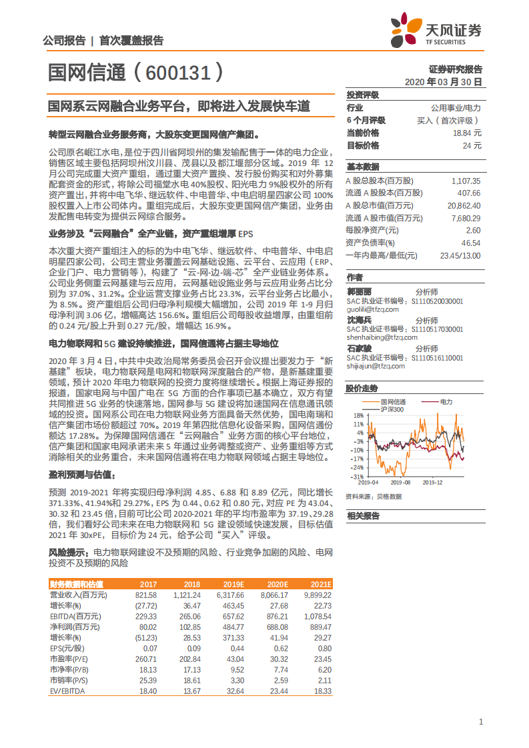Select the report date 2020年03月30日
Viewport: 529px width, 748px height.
[x=444, y=81]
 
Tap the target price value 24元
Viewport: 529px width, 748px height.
[x=472, y=145]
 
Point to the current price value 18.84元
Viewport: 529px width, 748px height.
[x=466, y=133]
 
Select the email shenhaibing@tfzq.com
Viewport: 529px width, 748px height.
[x=378, y=337]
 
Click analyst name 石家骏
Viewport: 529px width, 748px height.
[x=359, y=349]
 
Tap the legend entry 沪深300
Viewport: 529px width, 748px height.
[x=392, y=409]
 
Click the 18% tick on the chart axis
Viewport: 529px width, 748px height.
[x=358, y=415]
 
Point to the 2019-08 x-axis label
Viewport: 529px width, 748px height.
[x=400, y=482]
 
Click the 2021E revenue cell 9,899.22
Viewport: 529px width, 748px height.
[x=317, y=595]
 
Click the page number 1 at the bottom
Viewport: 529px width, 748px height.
[x=481, y=722]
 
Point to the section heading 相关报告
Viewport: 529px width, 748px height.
[x=363, y=515]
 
